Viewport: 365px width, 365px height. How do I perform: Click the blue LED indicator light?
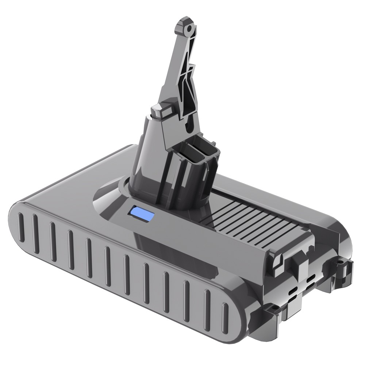[x=140, y=214]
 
